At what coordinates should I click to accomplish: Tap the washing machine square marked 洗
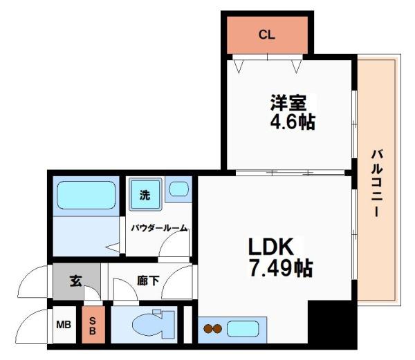(x=145, y=195)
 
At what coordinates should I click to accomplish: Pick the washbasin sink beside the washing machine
(x=178, y=189)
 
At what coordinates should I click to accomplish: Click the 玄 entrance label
(x=75, y=281)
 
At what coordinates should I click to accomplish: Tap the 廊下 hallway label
(x=144, y=281)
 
